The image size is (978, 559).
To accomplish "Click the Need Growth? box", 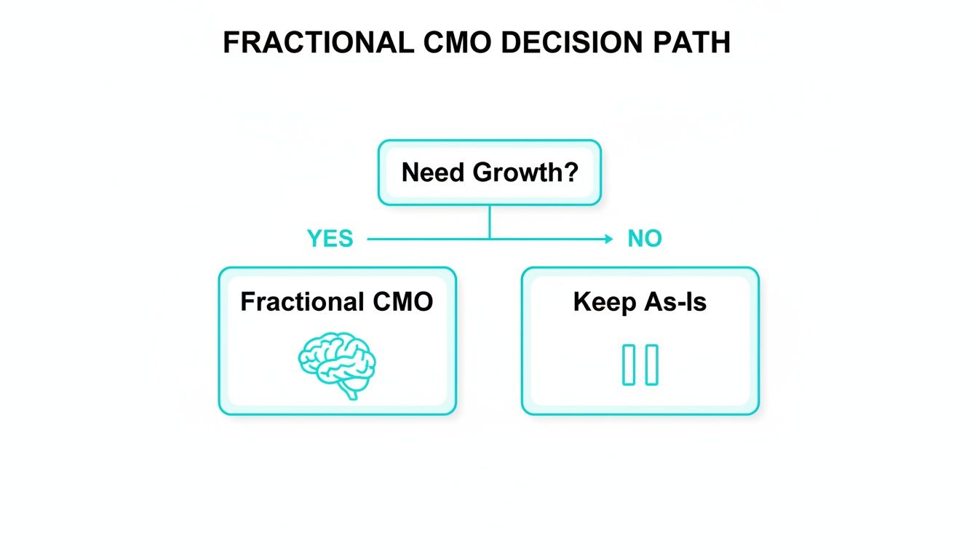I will pos(489,173).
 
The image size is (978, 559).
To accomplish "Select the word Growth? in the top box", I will pos(525,173).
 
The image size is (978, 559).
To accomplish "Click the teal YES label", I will pos(330,239).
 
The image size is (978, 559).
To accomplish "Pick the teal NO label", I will pos(644,239).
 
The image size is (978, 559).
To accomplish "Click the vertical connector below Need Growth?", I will pos(489,221).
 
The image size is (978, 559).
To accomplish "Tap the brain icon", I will pos(337,363).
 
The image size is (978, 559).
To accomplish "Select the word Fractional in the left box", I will pos(301,301).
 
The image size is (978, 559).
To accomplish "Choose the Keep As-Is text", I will pos(640,301).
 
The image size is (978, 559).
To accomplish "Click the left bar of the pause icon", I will pos(629,365).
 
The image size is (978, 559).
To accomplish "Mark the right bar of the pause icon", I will pos(651,365).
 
